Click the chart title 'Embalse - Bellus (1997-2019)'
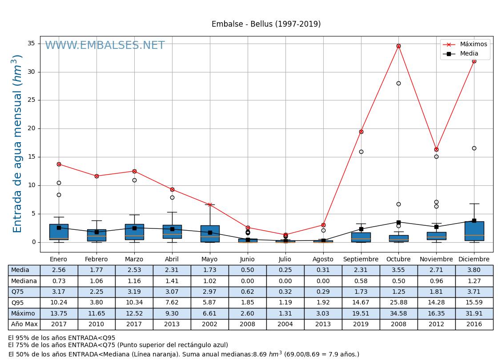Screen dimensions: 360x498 266,24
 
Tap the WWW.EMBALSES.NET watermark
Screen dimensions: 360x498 105,46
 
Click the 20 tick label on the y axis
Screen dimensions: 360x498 31,128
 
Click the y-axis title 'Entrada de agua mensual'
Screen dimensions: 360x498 18,143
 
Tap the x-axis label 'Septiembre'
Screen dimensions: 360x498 361,260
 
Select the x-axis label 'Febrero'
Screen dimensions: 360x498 96,260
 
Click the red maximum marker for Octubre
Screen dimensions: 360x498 398,46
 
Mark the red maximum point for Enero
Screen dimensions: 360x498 59,164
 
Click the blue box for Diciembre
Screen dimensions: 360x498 474,231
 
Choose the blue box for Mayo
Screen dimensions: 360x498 210,234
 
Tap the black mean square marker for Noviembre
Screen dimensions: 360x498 436,227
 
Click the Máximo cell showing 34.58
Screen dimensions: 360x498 398,314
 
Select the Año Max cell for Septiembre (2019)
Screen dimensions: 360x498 361,324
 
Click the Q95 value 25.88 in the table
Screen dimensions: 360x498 398,303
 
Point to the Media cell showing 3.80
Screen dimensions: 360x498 474,270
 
